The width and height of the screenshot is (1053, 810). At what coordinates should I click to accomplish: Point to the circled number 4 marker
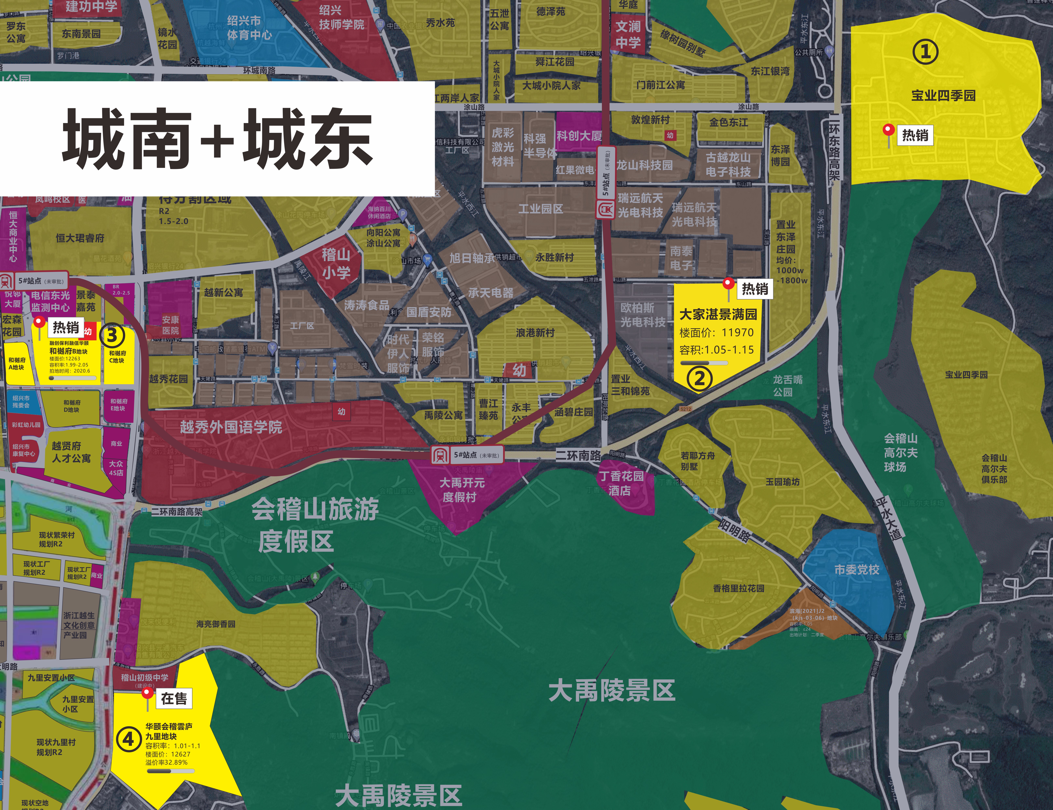point(128,739)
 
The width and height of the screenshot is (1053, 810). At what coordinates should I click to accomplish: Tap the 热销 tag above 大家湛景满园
point(755,289)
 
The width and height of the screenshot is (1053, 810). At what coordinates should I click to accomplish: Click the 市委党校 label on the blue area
point(857,569)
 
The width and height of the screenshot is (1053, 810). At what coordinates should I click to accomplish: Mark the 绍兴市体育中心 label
point(249,28)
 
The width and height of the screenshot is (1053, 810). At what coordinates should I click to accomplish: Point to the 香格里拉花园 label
point(738,588)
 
